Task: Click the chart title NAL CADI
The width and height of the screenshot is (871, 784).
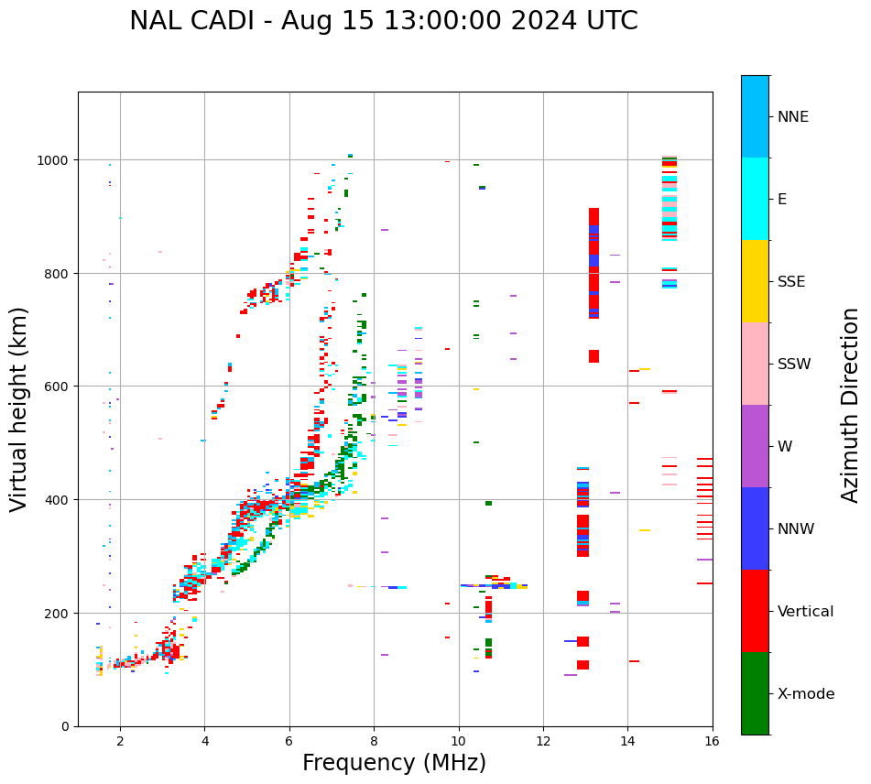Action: click(x=383, y=21)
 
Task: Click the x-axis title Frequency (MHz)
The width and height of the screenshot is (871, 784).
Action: click(x=394, y=763)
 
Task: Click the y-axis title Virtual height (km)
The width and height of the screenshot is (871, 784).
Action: click(x=20, y=408)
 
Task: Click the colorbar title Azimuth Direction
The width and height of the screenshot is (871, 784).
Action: click(x=851, y=405)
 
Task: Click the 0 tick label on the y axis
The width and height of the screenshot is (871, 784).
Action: click(x=66, y=726)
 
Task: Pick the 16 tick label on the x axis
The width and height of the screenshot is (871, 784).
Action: click(x=712, y=741)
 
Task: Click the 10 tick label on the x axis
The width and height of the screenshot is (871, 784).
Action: click(x=458, y=741)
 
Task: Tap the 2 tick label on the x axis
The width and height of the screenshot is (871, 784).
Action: click(x=120, y=741)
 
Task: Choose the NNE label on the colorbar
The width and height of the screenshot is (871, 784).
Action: click(x=793, y=117)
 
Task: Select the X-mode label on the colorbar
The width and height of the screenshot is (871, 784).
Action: click(x=806, y=694)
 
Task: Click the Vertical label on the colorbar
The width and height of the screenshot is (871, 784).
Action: click(x=806, y=612)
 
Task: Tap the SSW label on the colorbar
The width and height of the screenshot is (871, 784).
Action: click(x=794, y=365)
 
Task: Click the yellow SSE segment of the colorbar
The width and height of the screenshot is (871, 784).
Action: click(x=755, y=281)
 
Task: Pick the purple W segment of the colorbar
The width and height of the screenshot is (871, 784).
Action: click(x=755, y=446)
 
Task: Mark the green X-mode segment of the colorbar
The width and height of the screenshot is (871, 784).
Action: click(x=755, y=693)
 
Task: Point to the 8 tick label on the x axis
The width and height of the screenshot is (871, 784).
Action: click(x=374, y=741)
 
